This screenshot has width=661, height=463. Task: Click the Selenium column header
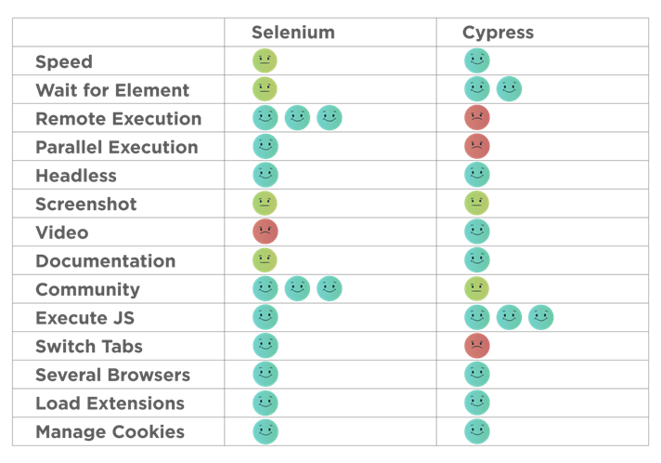(x=292, y=33)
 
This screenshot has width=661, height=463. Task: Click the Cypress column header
(x=498, y=33)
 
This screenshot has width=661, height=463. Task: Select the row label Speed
(x=64, y=62)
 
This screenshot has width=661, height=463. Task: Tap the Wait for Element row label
(x=112, y=90)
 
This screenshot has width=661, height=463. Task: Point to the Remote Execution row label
(x=118, y=119)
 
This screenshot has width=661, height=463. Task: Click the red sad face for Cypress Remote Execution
(x=477, y=118)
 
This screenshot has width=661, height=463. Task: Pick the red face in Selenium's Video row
(x=266, y=231)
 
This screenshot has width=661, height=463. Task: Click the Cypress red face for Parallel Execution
(x=477, y=146)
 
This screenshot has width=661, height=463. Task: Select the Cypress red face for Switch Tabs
(x=477, y=346)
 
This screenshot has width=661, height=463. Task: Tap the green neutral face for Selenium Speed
(x=266, y=61)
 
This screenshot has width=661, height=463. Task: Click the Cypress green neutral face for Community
(x=477, y=288)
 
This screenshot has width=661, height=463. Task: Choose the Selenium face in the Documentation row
(x=266, y=260)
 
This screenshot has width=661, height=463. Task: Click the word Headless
(x=76, y=176)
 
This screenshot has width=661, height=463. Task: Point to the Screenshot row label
(x=86, y=205)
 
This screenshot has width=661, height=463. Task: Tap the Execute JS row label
(x=84, y=318)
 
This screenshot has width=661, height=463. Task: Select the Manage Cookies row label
(x=110, y=432)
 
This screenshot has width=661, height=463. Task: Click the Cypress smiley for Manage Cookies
(x=477, y=431)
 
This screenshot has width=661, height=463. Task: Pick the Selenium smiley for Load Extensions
(x=266, y=403)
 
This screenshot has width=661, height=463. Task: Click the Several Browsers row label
(x=112, y=376)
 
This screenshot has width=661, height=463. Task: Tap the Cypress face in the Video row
(x=477, y=231)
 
